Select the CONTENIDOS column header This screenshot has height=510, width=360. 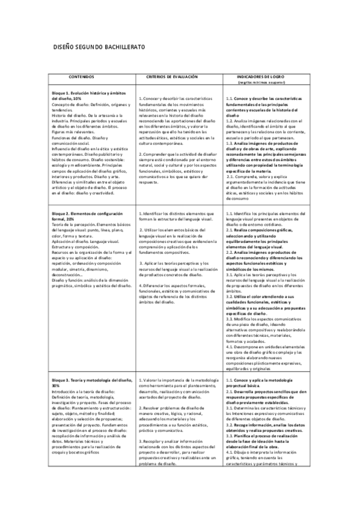tap(82, 78)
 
